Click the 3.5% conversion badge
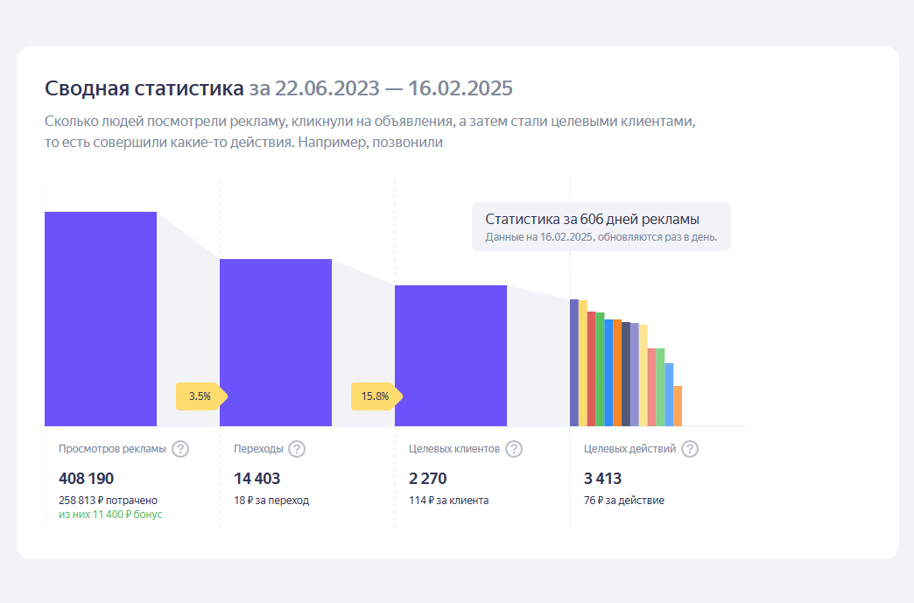click(x=200, y=396)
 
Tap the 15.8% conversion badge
click(x=376, y=396)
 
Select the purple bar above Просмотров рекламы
click(x=101, y=319)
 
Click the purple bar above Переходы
click(x=276, y=342)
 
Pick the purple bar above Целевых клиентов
click(x=451, y=355)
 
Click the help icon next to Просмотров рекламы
click(x=180, y=449)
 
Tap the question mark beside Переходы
click(x=297, y=449)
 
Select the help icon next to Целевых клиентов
click(x=514, y=449)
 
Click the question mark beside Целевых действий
click(x=690, y=449)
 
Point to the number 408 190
click(x=86, y=479)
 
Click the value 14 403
click(x=257, y=479)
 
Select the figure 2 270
click(x=428, y=479)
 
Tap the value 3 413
click(x=602, y=479)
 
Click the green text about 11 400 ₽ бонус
click(x=110, y=515)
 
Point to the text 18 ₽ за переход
click(x=271, y=501)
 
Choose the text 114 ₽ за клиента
click(x=448, y=501)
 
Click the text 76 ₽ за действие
click(x=624, y=501)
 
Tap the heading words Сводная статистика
click(x=144, y=89)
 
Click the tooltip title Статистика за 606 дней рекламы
click(x=592, y=220)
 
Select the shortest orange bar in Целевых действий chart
click(x=678, y=406)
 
